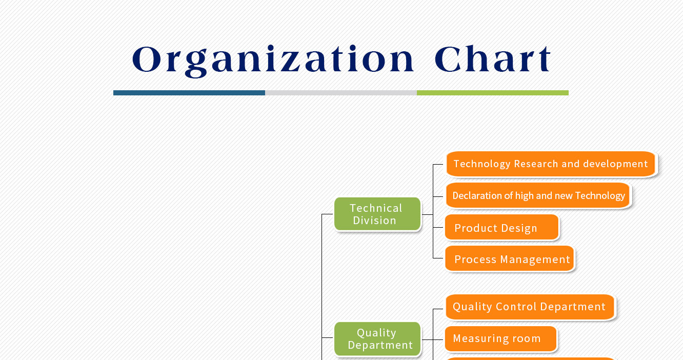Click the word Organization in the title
pos(273,60)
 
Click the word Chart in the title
pos(493,58)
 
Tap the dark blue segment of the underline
pos(189,93)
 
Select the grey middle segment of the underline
pos(341,93)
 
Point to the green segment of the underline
pos(493,93)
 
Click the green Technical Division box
pos(377,214)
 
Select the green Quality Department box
pos(377,338)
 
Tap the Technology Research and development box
pos(551,164)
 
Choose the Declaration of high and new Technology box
pos(538,195)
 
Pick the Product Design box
pos(502,227)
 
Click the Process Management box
pos(510,258)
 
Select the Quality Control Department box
pos(530,307)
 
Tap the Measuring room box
pos(500,338)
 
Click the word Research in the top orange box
pos(536,164)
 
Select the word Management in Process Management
pos(535,259)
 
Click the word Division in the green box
pos(374,221)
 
